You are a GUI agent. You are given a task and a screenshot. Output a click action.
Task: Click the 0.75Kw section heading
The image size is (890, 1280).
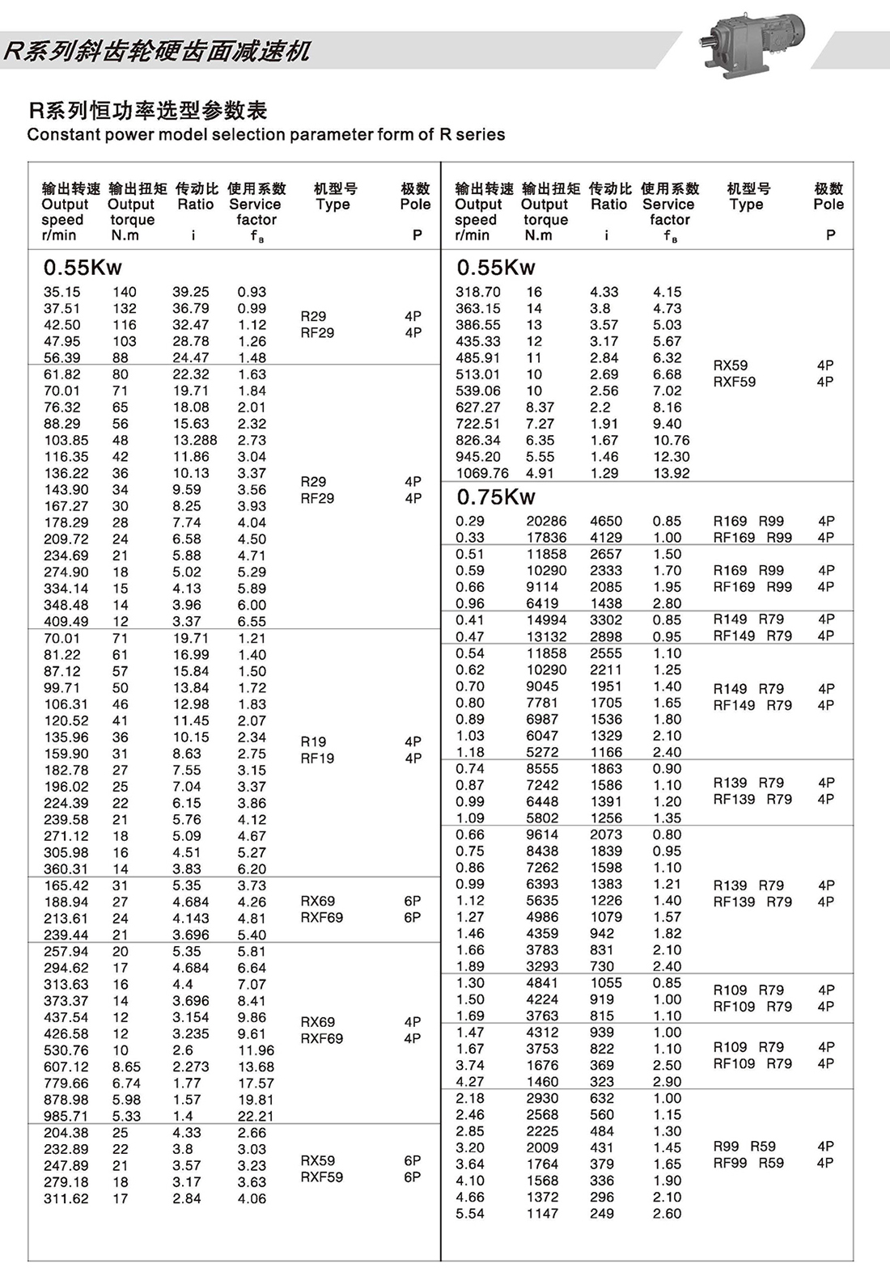tap(496, 496)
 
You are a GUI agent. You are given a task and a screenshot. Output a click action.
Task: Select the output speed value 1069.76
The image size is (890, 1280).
tap(482, 473)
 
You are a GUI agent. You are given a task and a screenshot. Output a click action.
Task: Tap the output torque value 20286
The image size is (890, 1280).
tap(546, 522)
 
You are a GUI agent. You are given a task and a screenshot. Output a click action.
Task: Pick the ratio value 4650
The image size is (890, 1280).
tap(606, 522)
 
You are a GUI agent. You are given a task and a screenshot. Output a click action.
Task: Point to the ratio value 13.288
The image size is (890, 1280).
tap(195, 440)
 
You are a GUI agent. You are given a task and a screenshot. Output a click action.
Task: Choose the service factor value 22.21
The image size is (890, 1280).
tap(256, 1116)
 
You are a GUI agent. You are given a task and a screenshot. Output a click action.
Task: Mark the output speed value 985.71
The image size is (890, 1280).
tap(66, 1116)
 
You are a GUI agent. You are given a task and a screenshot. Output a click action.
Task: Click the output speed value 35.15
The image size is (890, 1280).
tap(62, 292)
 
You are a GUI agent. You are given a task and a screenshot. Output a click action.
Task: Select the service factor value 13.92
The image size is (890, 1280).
tap(672, 473)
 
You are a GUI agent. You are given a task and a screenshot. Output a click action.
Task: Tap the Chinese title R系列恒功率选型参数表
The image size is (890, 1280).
tap(147, 110)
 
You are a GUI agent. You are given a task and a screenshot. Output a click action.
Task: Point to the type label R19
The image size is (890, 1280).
tap(313, 741)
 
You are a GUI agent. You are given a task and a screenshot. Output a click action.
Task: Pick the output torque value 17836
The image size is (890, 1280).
tap(546, 538)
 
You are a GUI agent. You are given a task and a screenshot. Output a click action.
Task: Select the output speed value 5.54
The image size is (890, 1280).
tap(470, 1214)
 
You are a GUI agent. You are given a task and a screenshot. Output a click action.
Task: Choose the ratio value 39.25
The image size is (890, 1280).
tap(191, 292)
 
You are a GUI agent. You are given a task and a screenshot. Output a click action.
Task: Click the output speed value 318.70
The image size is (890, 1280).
tap(478, 292)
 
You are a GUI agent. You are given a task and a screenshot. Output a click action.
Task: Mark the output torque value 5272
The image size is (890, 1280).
tap(542, 752)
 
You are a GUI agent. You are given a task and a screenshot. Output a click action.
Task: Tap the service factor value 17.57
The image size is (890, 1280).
tap(256, 1083)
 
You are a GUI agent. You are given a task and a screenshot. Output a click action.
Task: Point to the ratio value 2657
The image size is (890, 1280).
tap(606, 554)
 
